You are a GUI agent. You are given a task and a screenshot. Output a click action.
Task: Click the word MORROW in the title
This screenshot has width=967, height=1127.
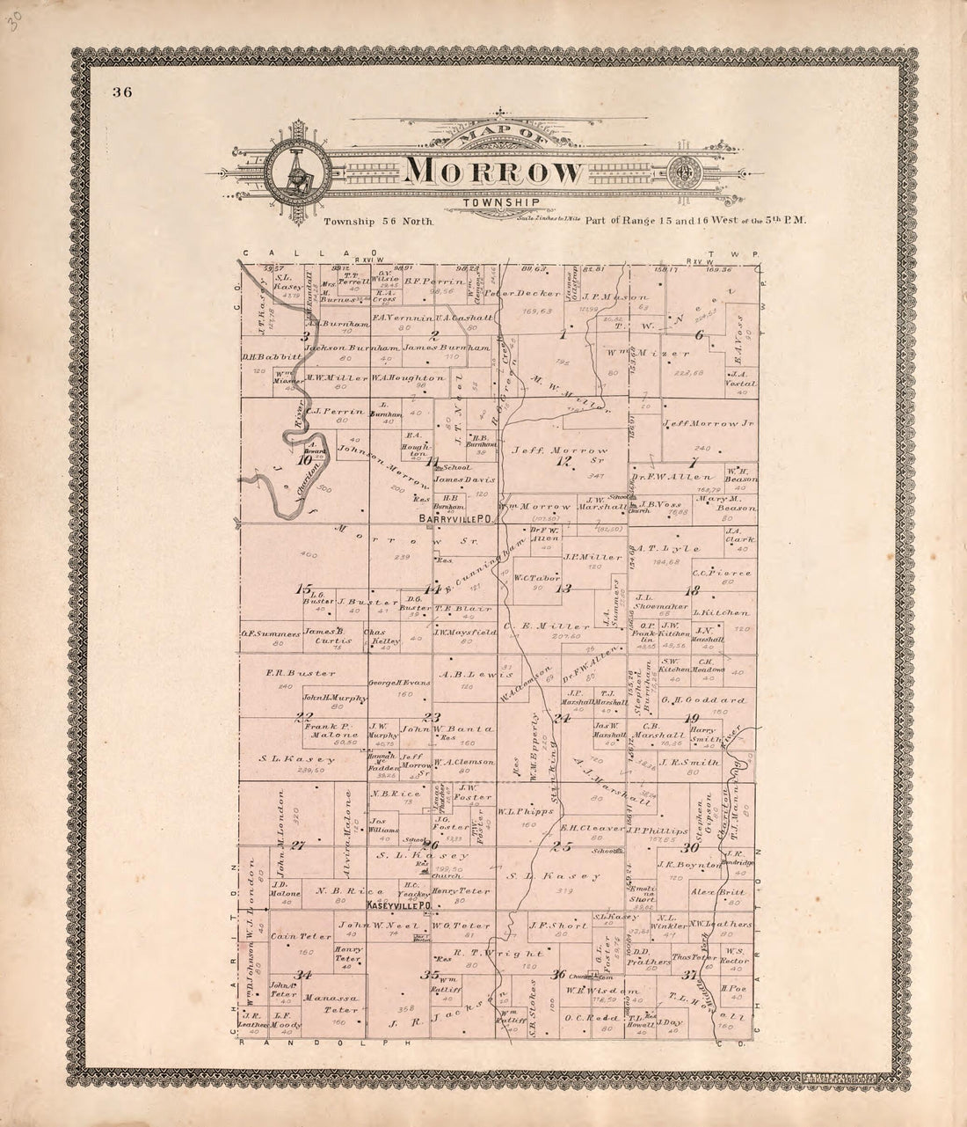494,172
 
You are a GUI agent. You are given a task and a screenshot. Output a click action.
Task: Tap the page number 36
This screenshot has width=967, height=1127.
121,92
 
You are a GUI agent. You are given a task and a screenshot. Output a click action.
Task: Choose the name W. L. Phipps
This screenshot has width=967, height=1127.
517,812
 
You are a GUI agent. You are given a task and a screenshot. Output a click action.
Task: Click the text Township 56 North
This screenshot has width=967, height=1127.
379,223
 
